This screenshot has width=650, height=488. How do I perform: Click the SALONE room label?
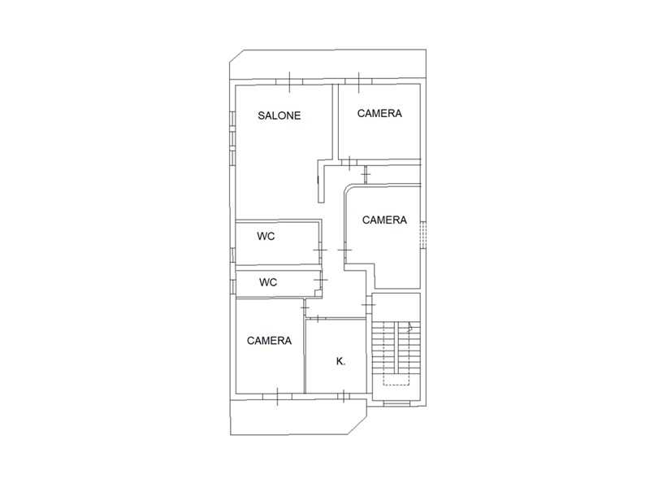279,115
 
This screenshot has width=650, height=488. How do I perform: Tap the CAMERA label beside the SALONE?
379,113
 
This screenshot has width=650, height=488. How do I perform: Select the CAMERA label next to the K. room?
269,341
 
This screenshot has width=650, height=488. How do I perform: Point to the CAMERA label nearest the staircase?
384,220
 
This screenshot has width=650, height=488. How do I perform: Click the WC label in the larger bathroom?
266,236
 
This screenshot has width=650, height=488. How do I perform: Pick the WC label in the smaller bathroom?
268,282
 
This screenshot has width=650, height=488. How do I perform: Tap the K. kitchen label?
340,361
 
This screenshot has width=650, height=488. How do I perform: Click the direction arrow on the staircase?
410,327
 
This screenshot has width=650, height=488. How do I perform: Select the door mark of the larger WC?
320,250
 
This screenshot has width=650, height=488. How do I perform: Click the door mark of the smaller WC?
320,280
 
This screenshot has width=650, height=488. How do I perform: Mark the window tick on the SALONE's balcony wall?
289,82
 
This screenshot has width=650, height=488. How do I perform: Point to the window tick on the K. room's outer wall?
344,397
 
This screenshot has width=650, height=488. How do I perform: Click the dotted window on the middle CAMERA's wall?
422,235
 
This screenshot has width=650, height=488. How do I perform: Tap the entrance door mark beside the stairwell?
368,304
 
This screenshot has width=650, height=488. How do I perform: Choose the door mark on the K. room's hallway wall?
317,319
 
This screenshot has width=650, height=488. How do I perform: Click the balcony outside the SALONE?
327,64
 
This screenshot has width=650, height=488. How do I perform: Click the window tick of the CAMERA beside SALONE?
359,82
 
